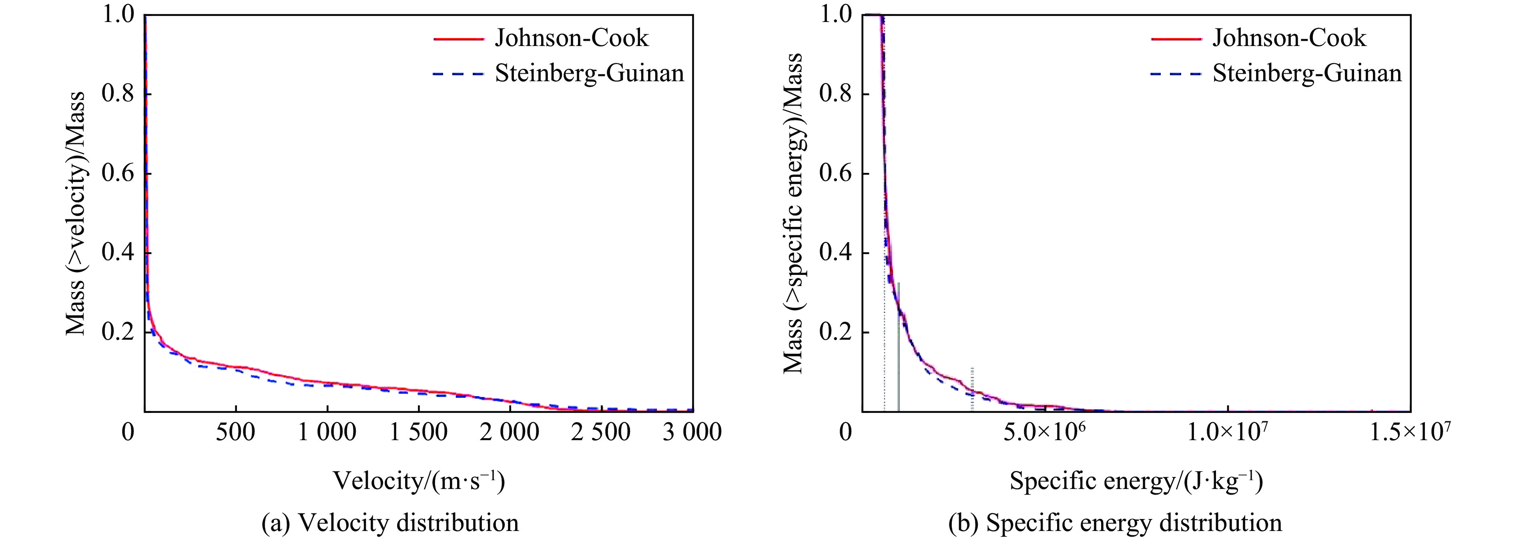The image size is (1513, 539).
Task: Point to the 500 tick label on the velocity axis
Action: coord(235,433)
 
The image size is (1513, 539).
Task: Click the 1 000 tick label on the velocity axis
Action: coord(327,433)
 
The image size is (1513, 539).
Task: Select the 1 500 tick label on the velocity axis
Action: coord(418,433)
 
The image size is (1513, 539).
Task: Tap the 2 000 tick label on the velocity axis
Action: coord(510,433)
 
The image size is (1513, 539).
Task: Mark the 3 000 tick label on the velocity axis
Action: coord(692,433)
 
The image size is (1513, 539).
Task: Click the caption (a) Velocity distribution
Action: coord(390,523)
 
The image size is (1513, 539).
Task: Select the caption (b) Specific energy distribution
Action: coord(1115,523)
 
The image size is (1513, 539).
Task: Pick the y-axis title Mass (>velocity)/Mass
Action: coord(75,214)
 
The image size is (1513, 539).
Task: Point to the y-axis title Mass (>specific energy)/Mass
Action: coord(793,214)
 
